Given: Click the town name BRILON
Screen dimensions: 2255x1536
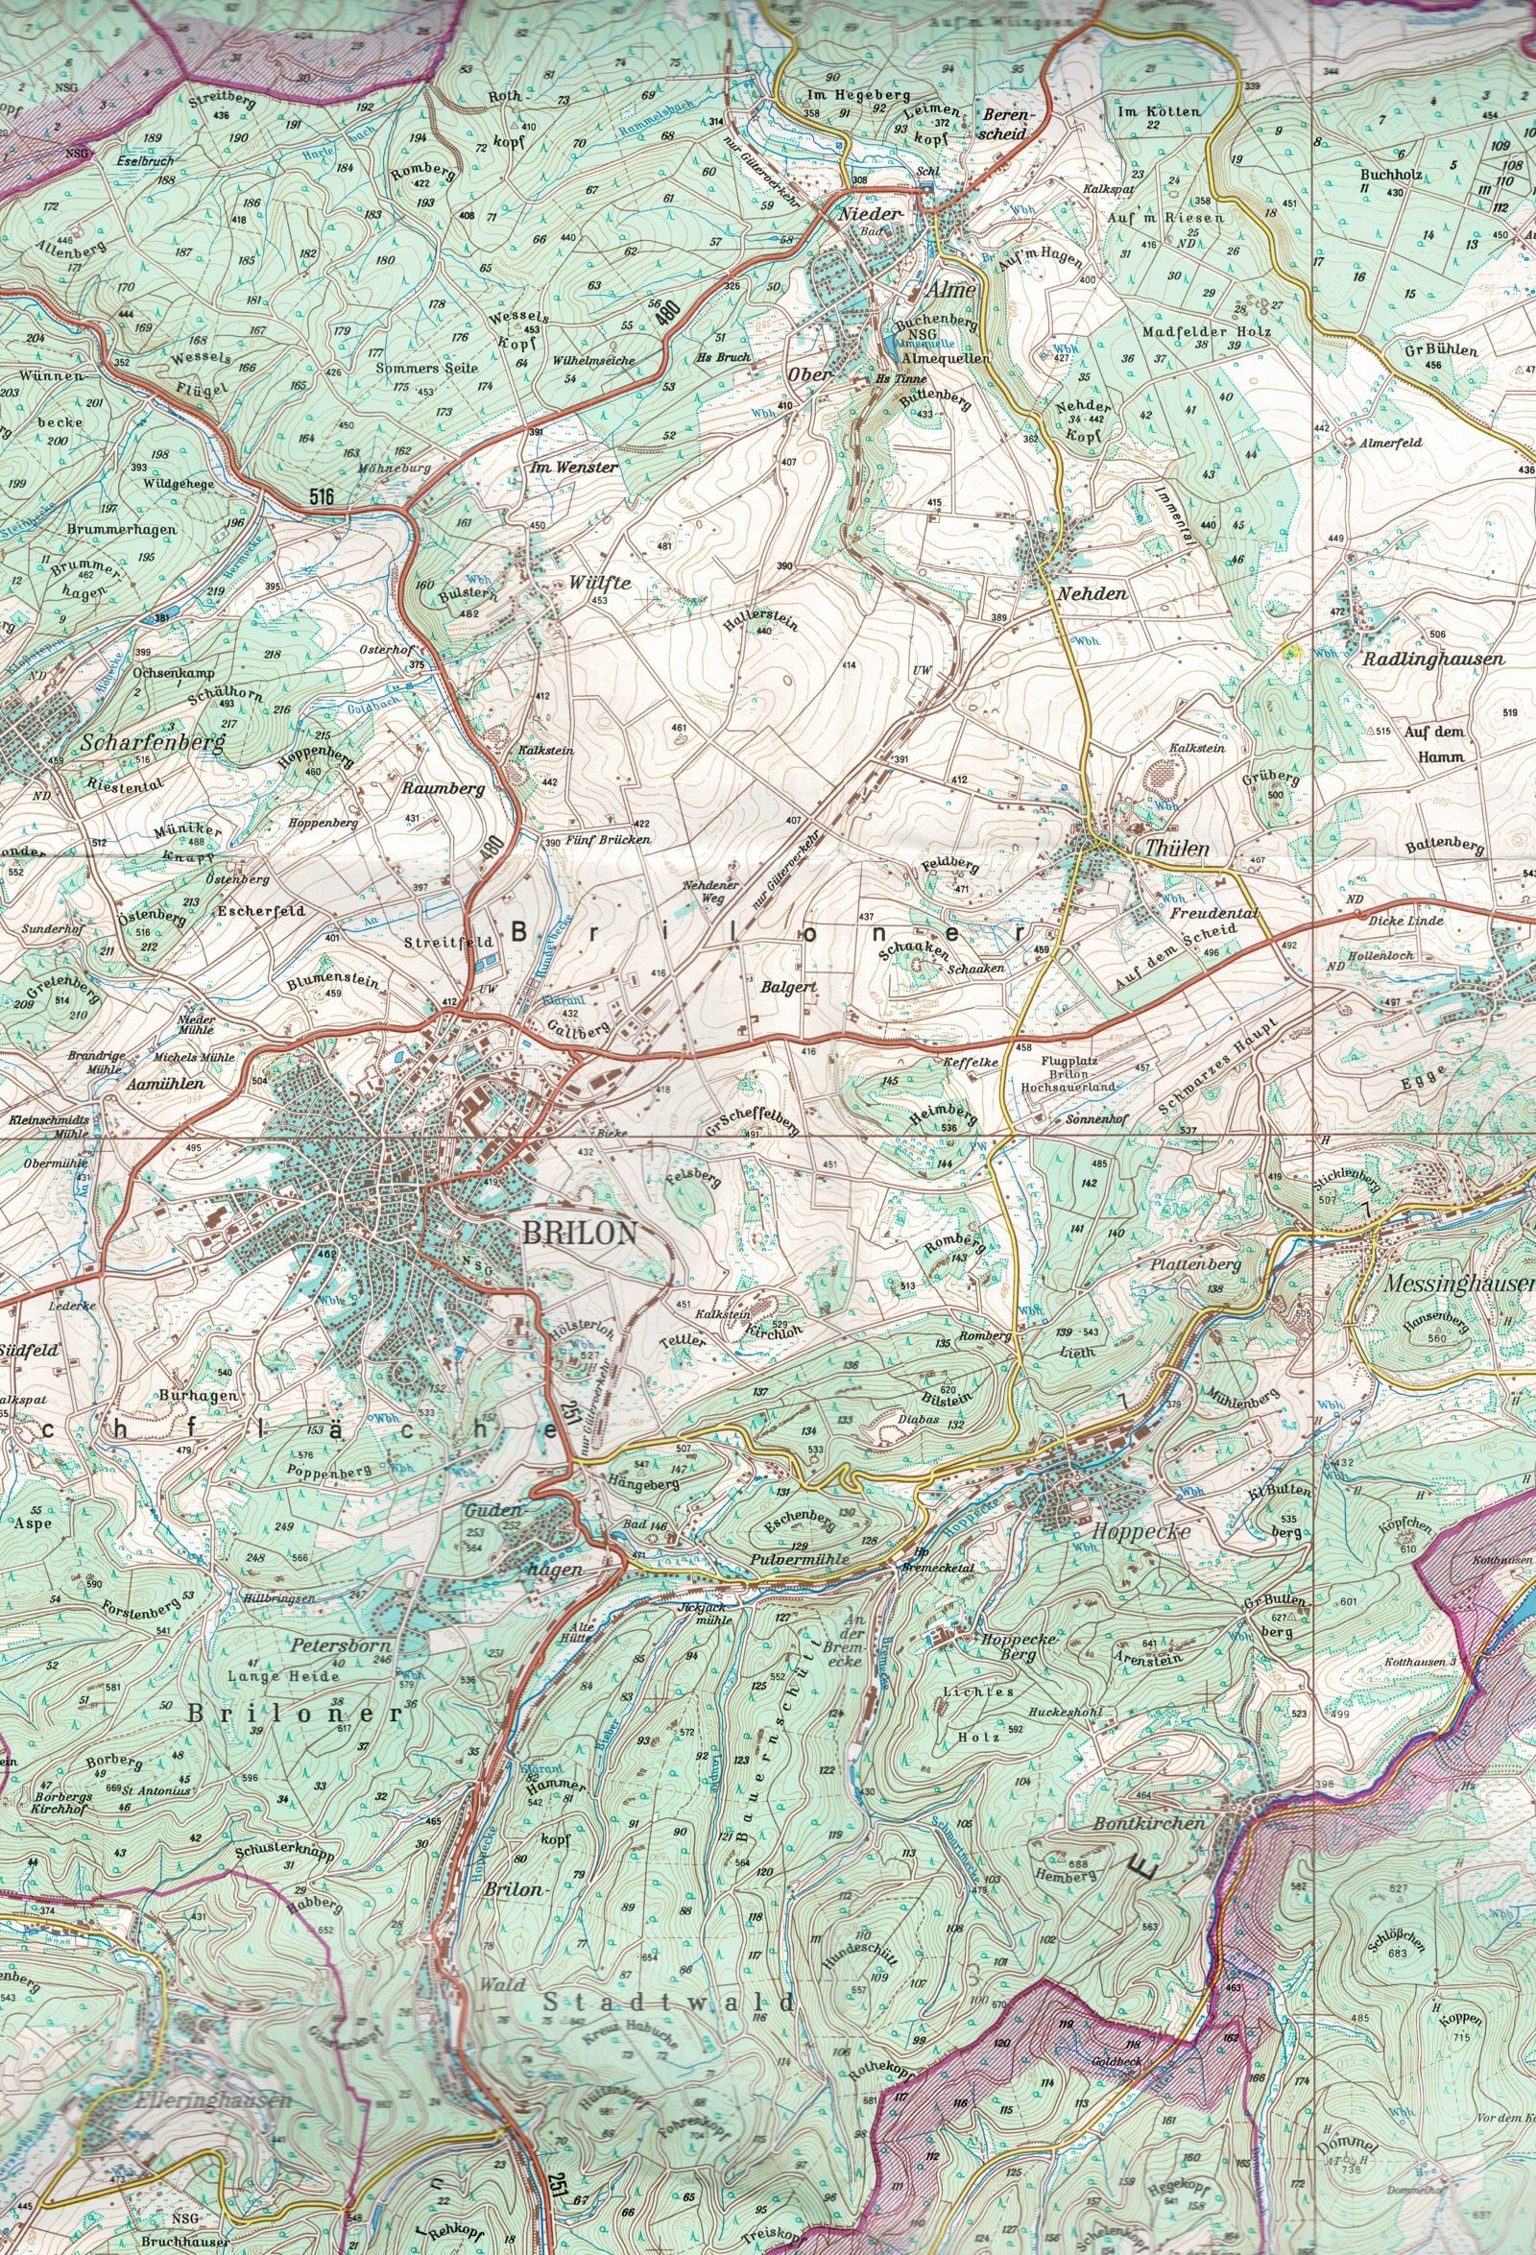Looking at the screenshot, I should pyautogui.click(x=579, y=1234).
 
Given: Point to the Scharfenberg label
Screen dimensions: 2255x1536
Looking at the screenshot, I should pyautogui.click(x=154, y=743).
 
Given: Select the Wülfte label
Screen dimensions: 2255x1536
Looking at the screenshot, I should pyautogui.click(x=601, y=583).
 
